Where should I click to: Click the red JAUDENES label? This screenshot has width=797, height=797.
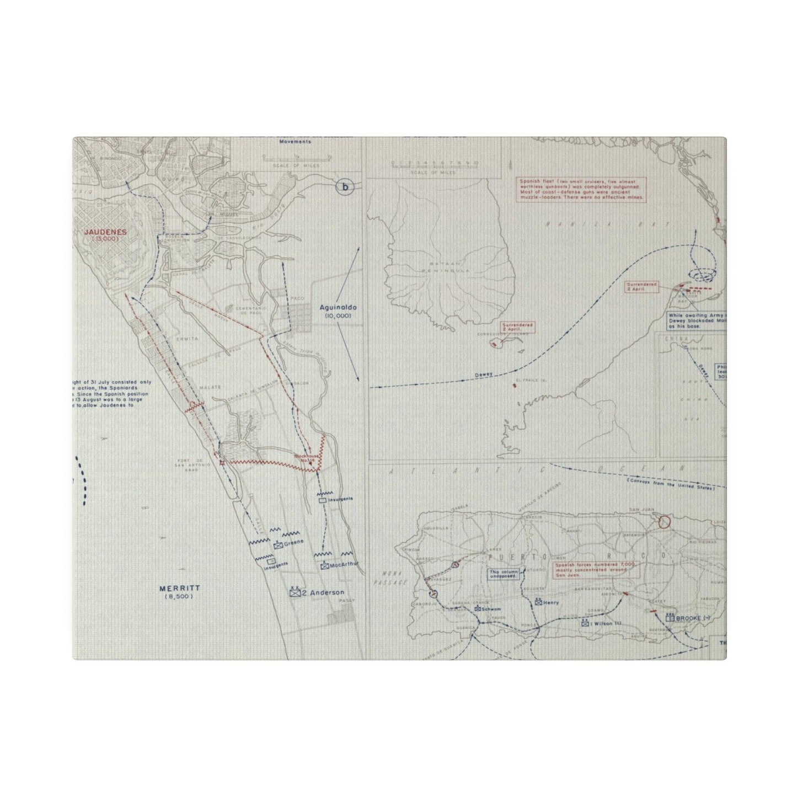pos(105,232)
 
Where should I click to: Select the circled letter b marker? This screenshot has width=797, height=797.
pos(345,187)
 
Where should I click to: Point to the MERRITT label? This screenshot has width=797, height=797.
pos(174,589)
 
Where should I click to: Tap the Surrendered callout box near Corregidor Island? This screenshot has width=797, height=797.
pos(518,327)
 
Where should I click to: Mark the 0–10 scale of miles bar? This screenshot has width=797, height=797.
pos(434,163)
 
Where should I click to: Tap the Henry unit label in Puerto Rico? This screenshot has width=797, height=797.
pos(550,603)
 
